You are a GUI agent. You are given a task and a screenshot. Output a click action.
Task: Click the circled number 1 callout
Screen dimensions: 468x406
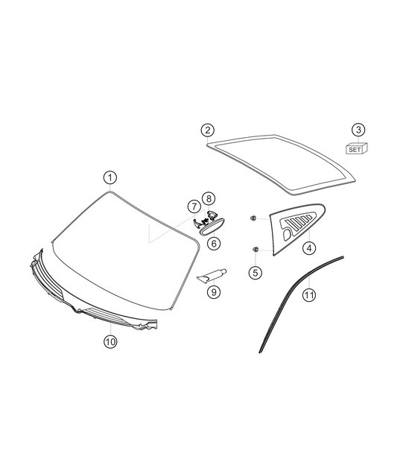(x=110, y=178)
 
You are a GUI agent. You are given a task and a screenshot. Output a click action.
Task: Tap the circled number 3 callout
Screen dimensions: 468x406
(x=359, y=130)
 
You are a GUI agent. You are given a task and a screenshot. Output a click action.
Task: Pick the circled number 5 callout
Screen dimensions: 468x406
(x=256, y=272)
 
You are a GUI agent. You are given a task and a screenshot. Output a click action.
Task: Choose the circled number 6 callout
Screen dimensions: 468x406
(x=213, y=243)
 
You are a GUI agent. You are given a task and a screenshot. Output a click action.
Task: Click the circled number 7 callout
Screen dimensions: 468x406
(x=193, y=206)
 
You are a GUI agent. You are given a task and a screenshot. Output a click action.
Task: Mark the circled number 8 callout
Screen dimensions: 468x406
(x=209, y=198)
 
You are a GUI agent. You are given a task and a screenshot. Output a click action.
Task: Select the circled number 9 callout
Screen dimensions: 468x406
(x=214, y=292)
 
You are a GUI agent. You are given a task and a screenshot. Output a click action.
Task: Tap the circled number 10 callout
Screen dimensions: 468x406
(x=110, y=342)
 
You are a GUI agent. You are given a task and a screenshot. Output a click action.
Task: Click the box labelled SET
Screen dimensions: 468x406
(x=355, y=149)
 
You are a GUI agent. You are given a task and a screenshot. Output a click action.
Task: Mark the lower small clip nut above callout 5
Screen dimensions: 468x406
(x=256, y=249)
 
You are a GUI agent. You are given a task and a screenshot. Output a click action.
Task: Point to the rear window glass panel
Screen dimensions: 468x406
(x=283, y=160)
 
